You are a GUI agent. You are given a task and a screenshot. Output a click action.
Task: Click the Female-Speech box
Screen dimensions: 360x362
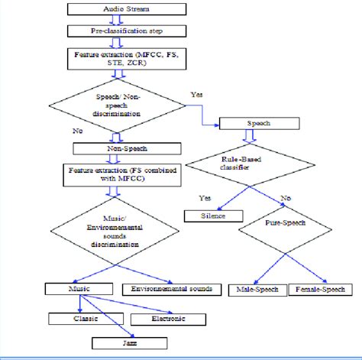324,290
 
